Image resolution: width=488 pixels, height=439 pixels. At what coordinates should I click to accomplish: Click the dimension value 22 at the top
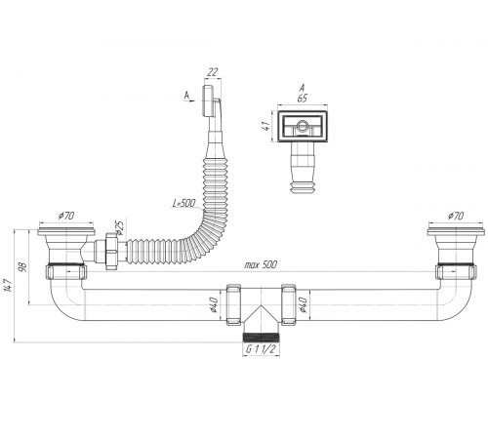coord(213,72)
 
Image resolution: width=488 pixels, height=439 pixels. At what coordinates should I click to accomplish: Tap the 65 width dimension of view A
coord(303,99)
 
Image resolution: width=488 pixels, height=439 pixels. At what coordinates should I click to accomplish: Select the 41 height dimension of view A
coord(265,126)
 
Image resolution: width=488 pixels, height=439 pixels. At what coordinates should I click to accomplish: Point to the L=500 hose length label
coord(184,204)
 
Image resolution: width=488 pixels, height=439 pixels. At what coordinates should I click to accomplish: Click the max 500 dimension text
coord(261,264)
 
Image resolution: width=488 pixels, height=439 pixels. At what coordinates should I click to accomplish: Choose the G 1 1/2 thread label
coord(261,349)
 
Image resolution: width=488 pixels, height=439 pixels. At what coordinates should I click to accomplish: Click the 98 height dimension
coord(22,267)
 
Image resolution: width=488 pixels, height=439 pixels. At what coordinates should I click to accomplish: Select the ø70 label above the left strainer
coord(66,216)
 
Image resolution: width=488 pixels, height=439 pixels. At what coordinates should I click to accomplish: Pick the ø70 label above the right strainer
coord(456,216)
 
